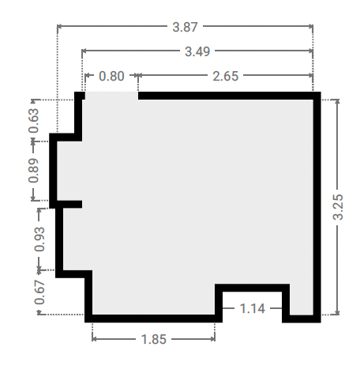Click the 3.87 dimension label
pos(185,27)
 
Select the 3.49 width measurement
pos(197,51)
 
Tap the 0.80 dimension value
pos(111,76)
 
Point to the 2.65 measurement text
pos(226,76)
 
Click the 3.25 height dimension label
pos(338,207)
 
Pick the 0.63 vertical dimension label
pos(34,121)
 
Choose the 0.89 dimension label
pos(34,171)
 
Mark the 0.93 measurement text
pos(39,239)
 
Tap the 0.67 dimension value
pos(39,292)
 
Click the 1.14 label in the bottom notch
pos(253,308)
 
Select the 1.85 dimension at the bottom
pos(154,339)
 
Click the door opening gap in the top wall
pos(111,96)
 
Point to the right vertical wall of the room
pos(317,207)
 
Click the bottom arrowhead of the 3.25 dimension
pos(338,313)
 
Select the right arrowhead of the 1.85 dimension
pos(213,339)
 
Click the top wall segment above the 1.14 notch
pos(253,288)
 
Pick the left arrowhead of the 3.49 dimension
pos(84,51)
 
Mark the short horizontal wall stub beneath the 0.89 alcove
pos(69,204)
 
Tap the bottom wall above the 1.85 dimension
pos(153,319)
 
